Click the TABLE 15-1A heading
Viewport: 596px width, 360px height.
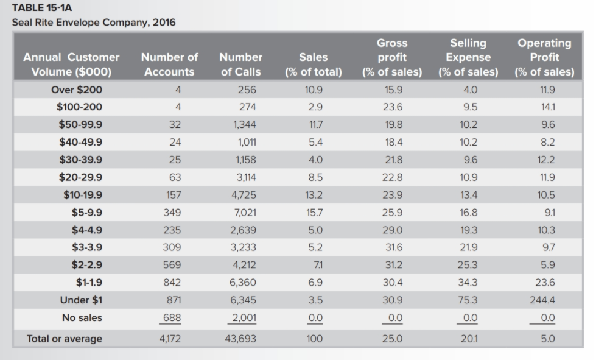coord(37,9)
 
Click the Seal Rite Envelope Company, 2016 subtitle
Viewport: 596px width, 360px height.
coord(93,23)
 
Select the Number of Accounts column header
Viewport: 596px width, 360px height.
coord(169,64)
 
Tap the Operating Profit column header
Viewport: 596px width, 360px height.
coord(544,57)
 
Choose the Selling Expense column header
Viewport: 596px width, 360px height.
coord(468,57)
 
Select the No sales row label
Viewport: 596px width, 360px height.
coord(82,317)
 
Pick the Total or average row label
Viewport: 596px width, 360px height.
coord(64,339)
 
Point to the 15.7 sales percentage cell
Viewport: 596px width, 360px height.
coord(314,213)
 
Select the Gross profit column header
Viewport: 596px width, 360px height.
coord(392,57)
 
